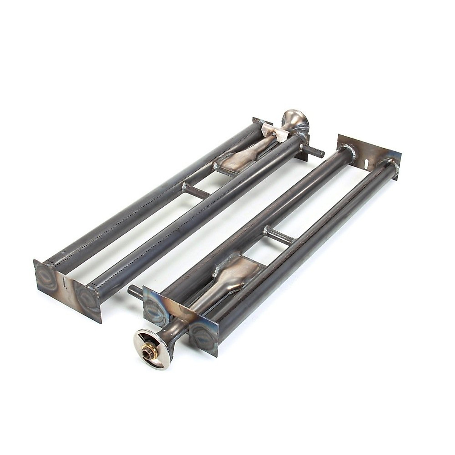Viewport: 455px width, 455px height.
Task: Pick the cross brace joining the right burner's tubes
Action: click(x=279, y=235)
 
